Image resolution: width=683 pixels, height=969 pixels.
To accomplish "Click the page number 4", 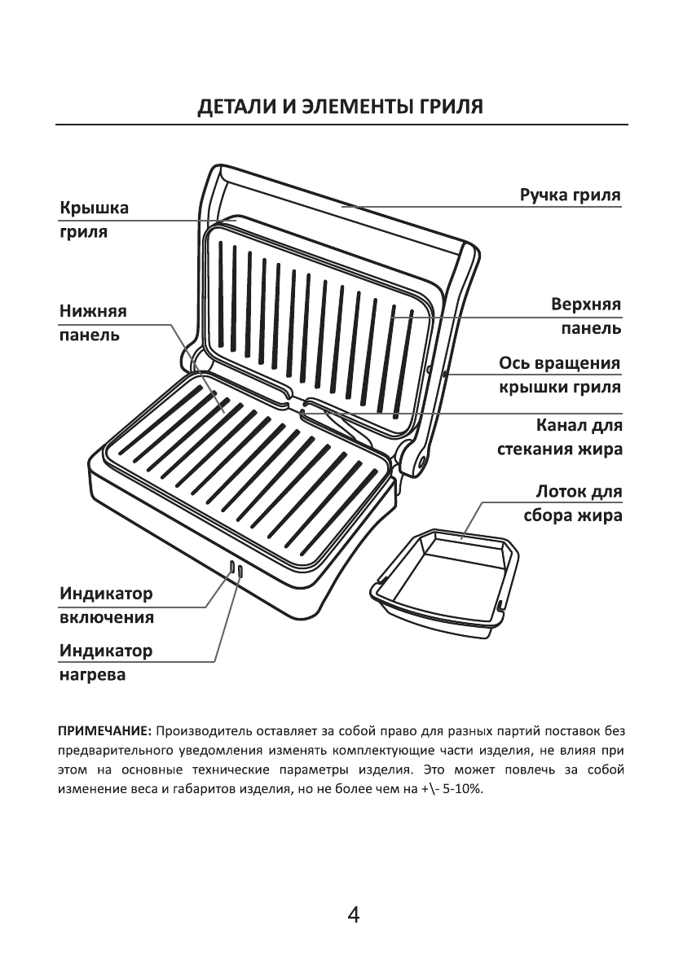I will click(353, 914).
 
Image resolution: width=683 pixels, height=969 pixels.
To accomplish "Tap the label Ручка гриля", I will click(571, 196).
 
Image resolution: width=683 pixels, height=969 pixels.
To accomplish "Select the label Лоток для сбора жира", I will click(573, 504).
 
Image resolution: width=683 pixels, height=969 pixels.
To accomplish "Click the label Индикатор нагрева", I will click(106, 663).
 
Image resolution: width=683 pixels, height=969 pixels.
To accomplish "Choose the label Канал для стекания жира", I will click(560, 437).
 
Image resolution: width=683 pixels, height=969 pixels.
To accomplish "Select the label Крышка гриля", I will click(93, 220).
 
